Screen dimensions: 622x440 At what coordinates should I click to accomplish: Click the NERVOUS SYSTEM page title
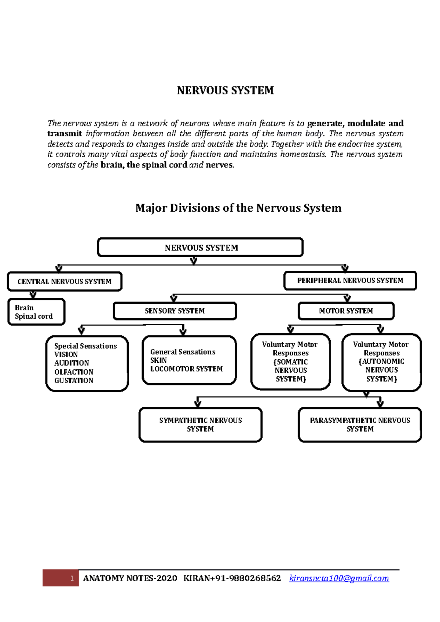(x=225, y=90)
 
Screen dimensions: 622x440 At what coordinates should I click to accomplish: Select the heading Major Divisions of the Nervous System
(x=238, y=208)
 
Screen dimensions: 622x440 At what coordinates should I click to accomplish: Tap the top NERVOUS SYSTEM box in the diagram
(x=200, y=248)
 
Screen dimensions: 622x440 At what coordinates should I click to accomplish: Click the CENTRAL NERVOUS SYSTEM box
(x=65, y=282)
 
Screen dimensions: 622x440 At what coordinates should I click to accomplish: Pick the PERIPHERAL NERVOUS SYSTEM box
(x=350, y=281)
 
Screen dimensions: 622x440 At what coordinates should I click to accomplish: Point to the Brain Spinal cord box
(x=36, y=312)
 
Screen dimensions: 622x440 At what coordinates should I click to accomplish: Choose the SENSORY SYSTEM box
(x=175, y=311)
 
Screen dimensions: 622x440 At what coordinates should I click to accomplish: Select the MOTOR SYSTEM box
(x=346, y=311)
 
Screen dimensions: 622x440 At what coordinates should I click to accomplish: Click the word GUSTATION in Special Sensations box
(x=74, y=381)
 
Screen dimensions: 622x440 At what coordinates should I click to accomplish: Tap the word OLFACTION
(x=74, y=372)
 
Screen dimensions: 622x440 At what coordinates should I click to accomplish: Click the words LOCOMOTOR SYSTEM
(x=186, y=369)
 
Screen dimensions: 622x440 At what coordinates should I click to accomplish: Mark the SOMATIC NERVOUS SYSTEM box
(x=290, y=362)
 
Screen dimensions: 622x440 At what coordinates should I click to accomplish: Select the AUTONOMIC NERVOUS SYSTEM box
(x=381, y=362)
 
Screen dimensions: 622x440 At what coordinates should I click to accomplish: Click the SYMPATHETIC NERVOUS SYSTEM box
(x=200, y=425)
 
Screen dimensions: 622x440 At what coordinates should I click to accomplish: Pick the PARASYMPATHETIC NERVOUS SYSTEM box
(x=360, y=425)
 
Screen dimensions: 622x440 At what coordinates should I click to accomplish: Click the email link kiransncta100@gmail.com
(x=339, y=578)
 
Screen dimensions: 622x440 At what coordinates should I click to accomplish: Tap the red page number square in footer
(x=61, y=578)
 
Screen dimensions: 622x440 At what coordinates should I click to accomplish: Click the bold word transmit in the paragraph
(x=65, y=134)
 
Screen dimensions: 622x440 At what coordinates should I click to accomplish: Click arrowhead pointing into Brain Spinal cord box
(x=33, y=295)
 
